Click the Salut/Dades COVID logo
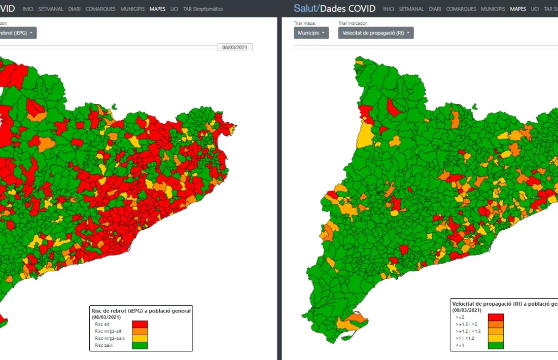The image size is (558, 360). [x=334, y=9]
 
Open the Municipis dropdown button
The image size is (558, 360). [x=311, y=33]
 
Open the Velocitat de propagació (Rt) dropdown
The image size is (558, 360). [x=376, y=33]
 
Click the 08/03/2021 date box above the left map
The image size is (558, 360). [x=235, y=47]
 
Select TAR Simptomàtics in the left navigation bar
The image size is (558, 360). [x=203, y=9]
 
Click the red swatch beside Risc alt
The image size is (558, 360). [x=139, y=324]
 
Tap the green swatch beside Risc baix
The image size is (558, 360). [x=139, y=345]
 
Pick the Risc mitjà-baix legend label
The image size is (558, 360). [x=110, y=338]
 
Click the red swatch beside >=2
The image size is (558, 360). [x=496, y=317]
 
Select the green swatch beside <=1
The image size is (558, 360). [x=496, y=345]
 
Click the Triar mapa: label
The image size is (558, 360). [x=304, y=23]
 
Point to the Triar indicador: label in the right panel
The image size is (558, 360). [x=353, y=23]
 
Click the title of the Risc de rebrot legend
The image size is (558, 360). [x=141, y=311]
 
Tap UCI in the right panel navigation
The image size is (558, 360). [x=535, y=9]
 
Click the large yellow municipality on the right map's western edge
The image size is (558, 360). [x=365, y=134]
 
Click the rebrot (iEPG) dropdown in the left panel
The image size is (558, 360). [x=18, y=33]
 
